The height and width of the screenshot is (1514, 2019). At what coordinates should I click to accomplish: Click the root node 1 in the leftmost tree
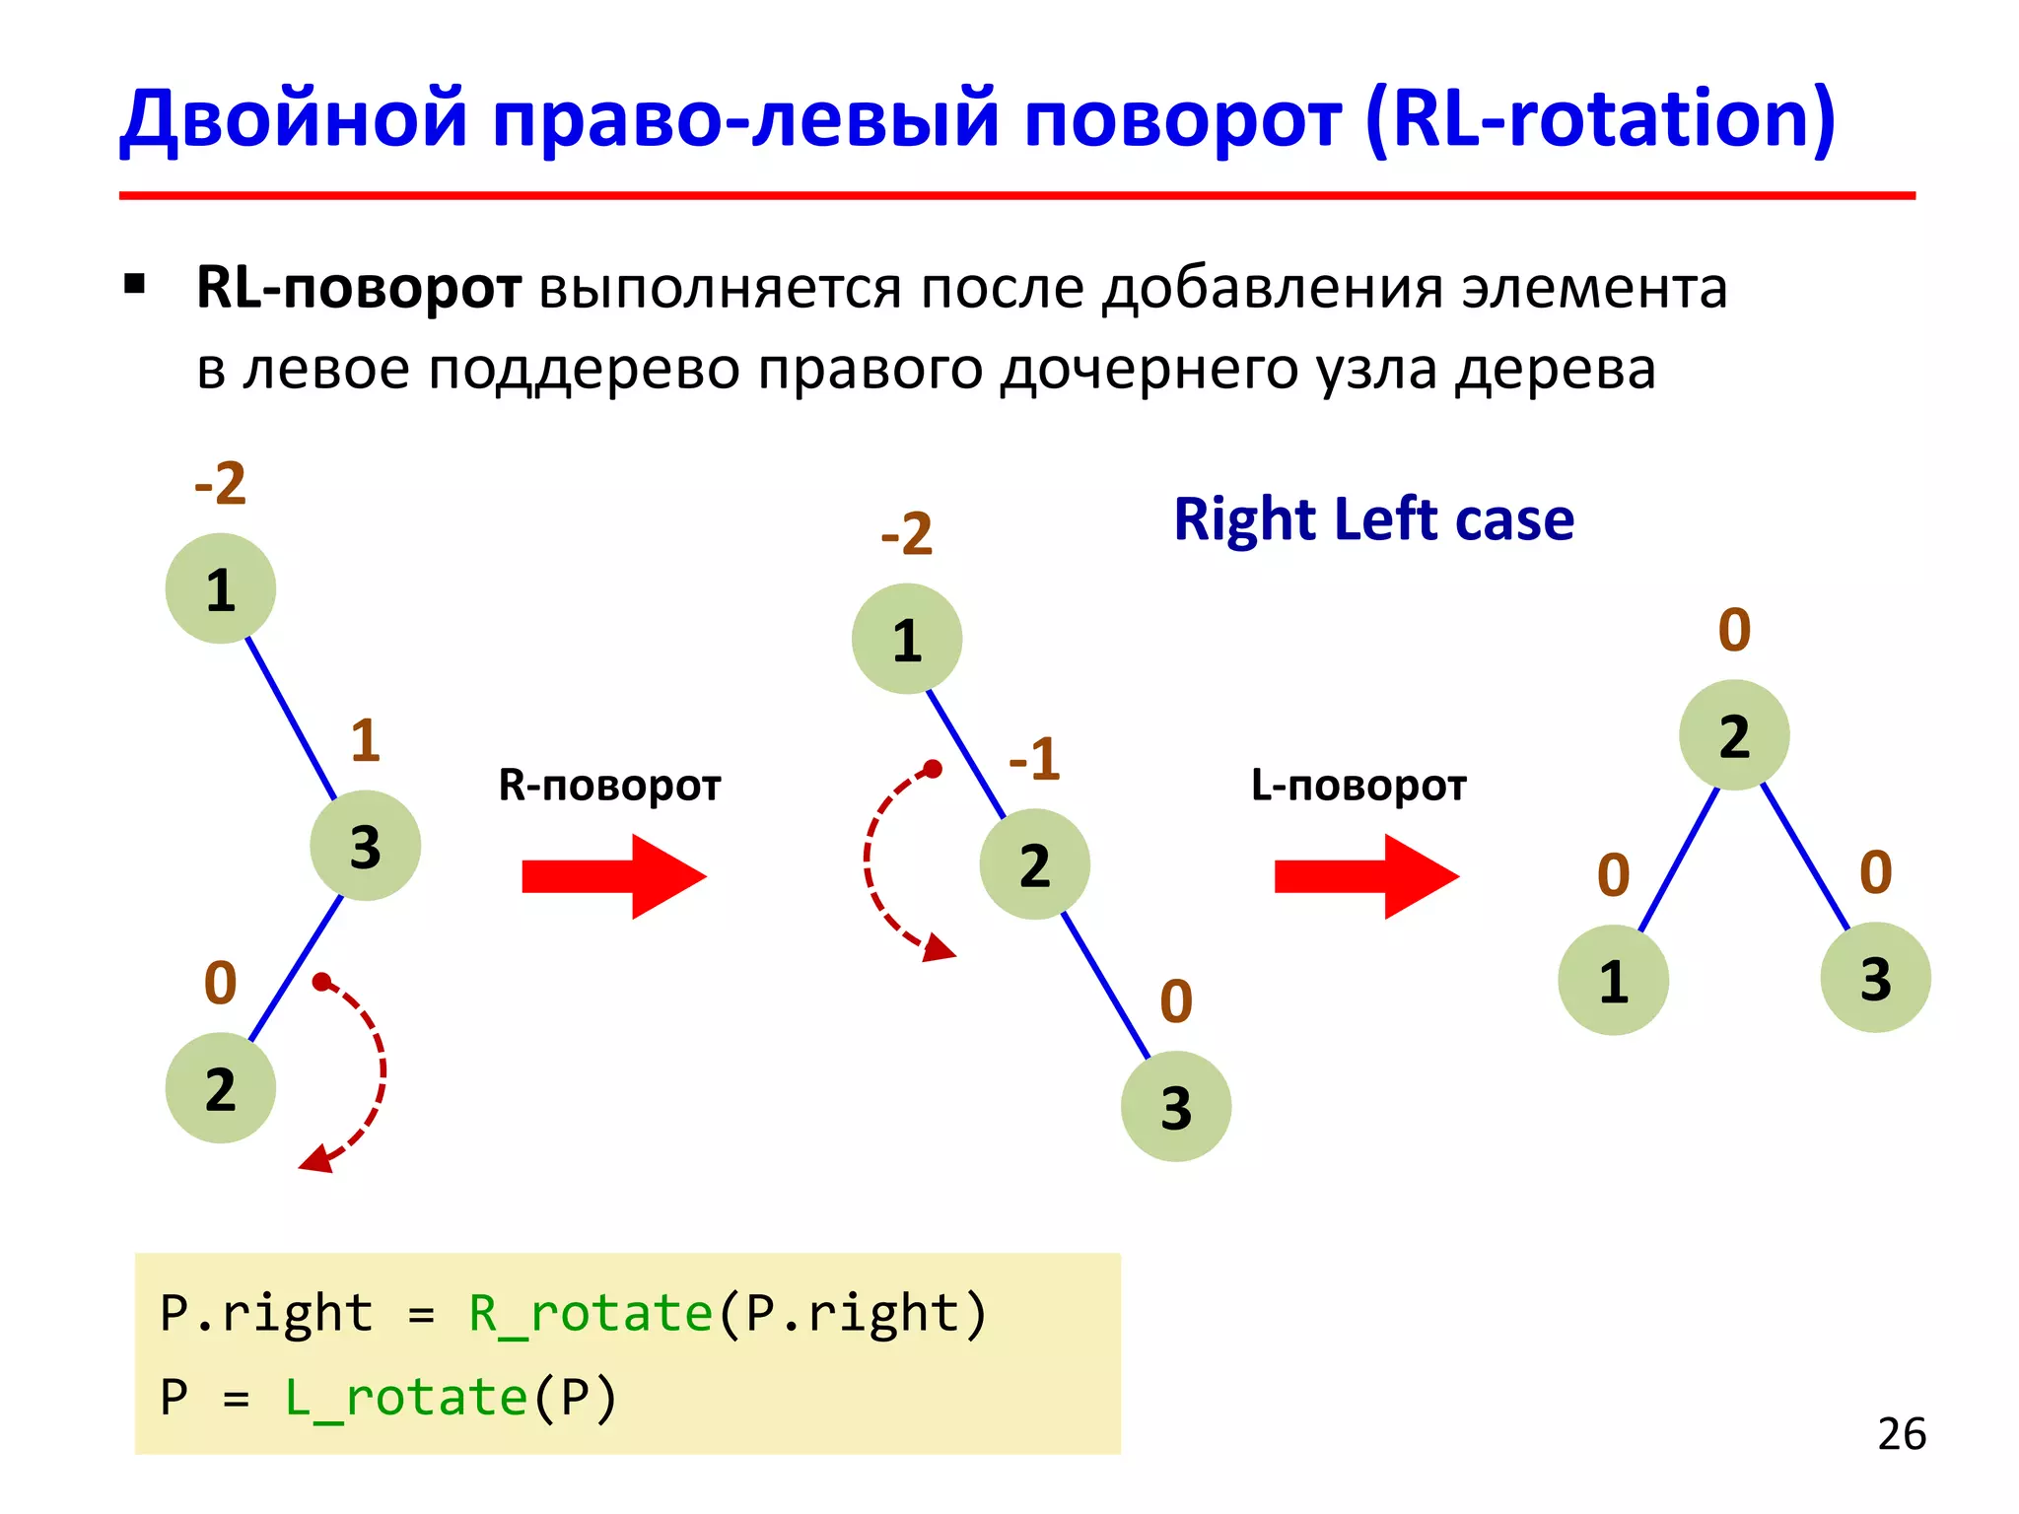220,589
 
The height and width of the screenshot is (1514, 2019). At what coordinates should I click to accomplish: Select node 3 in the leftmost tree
365,846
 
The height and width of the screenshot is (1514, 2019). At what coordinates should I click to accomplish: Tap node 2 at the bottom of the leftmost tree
220,1088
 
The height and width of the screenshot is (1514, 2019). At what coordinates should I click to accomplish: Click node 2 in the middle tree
1034,864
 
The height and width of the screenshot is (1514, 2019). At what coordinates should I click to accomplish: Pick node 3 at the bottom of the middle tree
1175,1106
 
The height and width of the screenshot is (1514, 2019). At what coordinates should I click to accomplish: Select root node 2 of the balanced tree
1734,735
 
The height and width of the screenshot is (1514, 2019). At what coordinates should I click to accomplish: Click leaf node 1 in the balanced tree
1613,981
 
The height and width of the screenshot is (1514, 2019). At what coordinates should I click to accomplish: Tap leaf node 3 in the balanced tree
1875,978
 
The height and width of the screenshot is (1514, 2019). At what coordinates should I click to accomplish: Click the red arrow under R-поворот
613,876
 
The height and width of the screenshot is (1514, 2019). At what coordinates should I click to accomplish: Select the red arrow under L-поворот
1365,876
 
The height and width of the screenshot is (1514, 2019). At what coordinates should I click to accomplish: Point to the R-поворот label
609,786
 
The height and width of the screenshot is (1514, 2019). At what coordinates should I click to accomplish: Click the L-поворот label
1358,786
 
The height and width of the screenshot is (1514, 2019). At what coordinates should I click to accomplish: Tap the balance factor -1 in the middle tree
1034,759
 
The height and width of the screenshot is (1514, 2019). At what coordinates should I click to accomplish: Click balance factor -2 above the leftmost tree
220,483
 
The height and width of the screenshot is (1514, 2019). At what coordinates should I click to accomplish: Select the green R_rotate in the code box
590,1314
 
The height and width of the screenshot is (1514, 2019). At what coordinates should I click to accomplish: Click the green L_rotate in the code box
405,1398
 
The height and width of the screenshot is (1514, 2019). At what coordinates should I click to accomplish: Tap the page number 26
1901,1434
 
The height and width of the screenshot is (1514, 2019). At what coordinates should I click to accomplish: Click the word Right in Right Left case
1244,520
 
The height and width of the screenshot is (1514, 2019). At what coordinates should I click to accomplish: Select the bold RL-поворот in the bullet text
358,289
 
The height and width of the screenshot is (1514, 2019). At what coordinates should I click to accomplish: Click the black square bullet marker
135,286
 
